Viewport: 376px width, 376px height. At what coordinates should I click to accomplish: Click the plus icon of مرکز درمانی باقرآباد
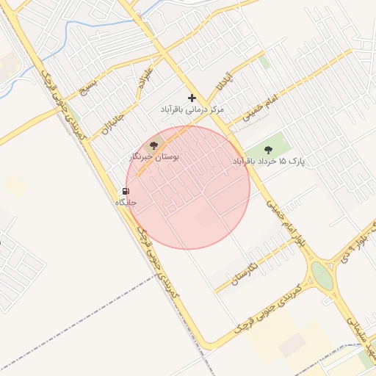192,98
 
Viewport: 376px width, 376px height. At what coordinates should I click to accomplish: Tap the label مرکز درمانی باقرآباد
192,109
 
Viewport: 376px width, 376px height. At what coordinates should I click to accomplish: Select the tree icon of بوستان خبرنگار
153,145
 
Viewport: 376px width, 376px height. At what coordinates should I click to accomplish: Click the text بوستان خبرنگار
154,156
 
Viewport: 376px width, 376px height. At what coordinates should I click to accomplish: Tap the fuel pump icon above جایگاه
126,191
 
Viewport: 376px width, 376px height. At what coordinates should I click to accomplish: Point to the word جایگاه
126,202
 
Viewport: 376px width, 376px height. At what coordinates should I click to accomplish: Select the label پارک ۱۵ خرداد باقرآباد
268,160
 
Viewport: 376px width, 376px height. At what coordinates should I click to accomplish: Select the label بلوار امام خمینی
286,224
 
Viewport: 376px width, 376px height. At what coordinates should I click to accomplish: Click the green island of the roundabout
322,275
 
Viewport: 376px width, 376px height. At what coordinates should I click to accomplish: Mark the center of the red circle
188,187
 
